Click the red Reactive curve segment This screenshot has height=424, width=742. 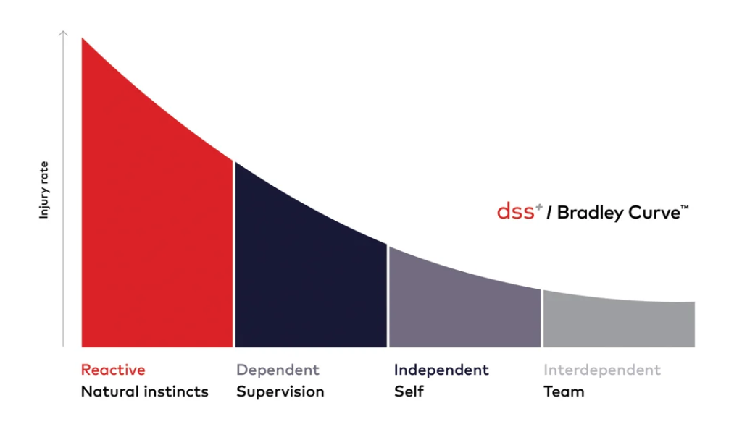(x=156, y=239)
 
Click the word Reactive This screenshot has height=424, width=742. (x=113, y=370)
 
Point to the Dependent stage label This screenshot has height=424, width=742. (x=278, y=370)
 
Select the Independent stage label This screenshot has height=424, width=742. (x=441, y=370)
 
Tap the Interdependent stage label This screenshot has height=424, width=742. (x=602, y=370)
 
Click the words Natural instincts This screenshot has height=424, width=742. (x=144, y=391)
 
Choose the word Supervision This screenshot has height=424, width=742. (x=280, y=392)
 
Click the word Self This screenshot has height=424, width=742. (x=409, y=391)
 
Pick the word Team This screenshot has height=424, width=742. (x=564, y=391)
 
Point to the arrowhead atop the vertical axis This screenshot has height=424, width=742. (x=64, y=33)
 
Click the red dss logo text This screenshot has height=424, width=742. (x=517, y=212)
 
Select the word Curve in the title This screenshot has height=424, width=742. (x=649, y=213)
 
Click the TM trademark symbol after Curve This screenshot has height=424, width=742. (x=684, y=208)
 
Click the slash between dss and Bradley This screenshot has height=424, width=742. (x=550, y=213)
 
